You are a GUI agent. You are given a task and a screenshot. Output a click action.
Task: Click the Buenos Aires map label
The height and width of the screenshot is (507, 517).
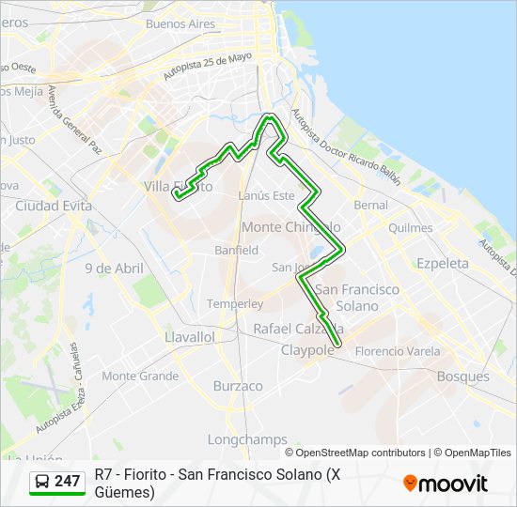[x=180, y=23]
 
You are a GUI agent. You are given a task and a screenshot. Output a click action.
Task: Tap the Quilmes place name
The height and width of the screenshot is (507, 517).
[x=410, y=228]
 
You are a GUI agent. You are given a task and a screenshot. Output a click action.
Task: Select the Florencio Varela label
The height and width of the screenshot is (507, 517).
[x=398, y=351]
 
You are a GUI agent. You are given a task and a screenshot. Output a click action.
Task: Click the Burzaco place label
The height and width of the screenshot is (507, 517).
[x=238, y=386]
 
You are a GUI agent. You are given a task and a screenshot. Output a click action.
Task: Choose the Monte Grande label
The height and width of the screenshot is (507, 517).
[x=140, y=376]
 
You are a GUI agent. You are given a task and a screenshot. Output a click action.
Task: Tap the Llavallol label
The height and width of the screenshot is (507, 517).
[x=190, y=336]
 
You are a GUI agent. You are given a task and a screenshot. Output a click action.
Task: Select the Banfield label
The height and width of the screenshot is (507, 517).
[x=236, y=251]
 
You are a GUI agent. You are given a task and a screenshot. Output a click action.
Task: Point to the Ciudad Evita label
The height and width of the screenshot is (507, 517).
[x=53, y=206]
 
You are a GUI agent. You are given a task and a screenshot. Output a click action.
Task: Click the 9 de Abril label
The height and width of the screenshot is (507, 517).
[x=115, y=269]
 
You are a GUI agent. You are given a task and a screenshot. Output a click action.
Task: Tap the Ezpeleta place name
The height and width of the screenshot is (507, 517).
[x=443, y=264]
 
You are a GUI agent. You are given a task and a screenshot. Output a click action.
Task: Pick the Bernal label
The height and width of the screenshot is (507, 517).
[x=370, y=205]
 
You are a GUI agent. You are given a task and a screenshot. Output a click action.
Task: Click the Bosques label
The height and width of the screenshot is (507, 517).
[x=463, y=376]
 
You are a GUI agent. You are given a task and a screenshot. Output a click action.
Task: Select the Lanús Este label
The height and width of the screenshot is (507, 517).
[x=267, y=195]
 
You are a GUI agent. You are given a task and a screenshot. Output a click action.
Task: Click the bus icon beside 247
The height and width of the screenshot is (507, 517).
[x=42, y=482]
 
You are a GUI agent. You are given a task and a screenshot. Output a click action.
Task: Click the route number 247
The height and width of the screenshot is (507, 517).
[x=68, y=482]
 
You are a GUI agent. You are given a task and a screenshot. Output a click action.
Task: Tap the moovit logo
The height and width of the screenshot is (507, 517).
[x=446, y=484]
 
